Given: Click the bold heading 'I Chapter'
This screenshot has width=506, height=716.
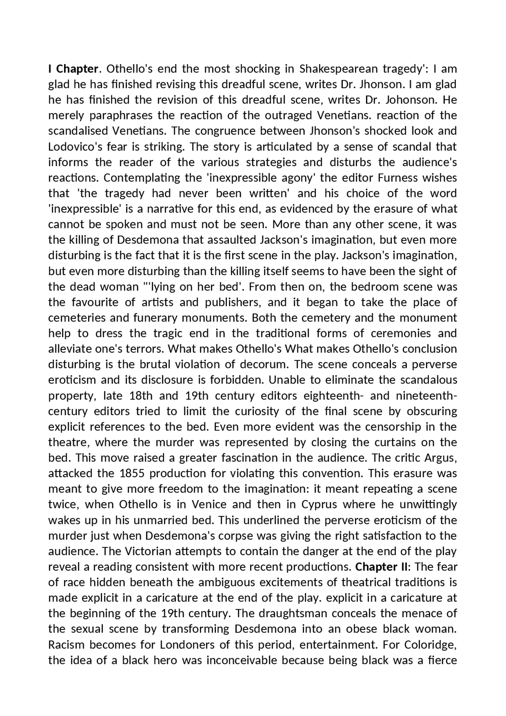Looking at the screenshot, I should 73,69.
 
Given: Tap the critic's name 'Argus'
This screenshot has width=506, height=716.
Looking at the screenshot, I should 440,458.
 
